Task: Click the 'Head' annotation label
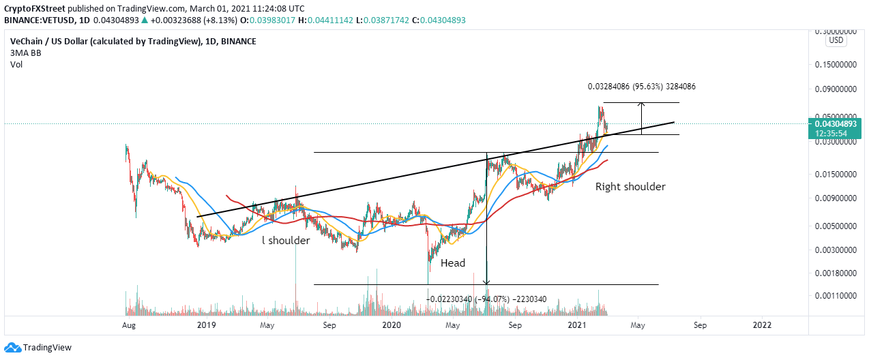tap(453, 263)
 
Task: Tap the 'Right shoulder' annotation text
tap(630, 186)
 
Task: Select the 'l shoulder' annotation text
tap(286, 241)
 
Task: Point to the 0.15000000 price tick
tap(837, 64)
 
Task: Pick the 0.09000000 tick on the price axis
tap(837, 89)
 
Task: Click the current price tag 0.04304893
tap(837, 125)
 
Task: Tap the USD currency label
tap(836, 41)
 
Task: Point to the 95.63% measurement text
tap(642, 87)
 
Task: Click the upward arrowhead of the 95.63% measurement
tap(641, 104)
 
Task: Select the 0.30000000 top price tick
tap(837, 31)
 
